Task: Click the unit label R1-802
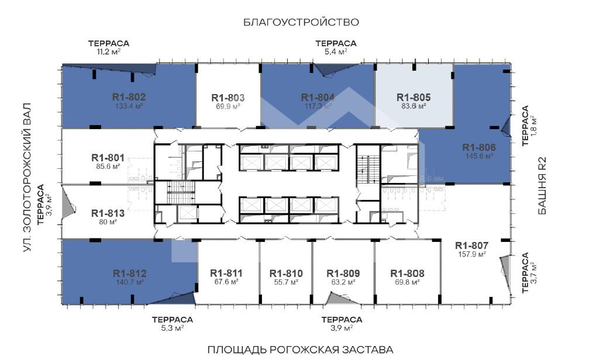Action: coord(129,97)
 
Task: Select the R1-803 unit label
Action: coord(228,98)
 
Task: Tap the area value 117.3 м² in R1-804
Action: coord(318,106)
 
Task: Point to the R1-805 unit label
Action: coord(414,98)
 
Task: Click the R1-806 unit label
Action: coord(479,147)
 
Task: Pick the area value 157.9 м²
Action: coord(471,254)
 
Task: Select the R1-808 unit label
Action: coord(407,274)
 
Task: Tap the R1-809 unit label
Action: coord(343,274)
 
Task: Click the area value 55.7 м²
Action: coord(286,282)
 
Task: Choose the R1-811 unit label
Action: coord(226,274)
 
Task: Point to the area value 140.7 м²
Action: coord(129,282)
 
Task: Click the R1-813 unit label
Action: coord(108,213)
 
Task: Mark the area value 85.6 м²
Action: coord(108,166)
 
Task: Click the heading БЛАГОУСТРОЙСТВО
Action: coord(301,22)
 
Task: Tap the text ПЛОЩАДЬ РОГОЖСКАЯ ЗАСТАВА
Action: coord(300,349)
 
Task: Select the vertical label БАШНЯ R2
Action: coord(542,186)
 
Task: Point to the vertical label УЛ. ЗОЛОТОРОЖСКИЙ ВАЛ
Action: coord(26,177)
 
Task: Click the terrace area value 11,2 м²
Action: coord(108,51)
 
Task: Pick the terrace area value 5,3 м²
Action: coord(173,328)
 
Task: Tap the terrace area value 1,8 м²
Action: coord(533,125)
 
